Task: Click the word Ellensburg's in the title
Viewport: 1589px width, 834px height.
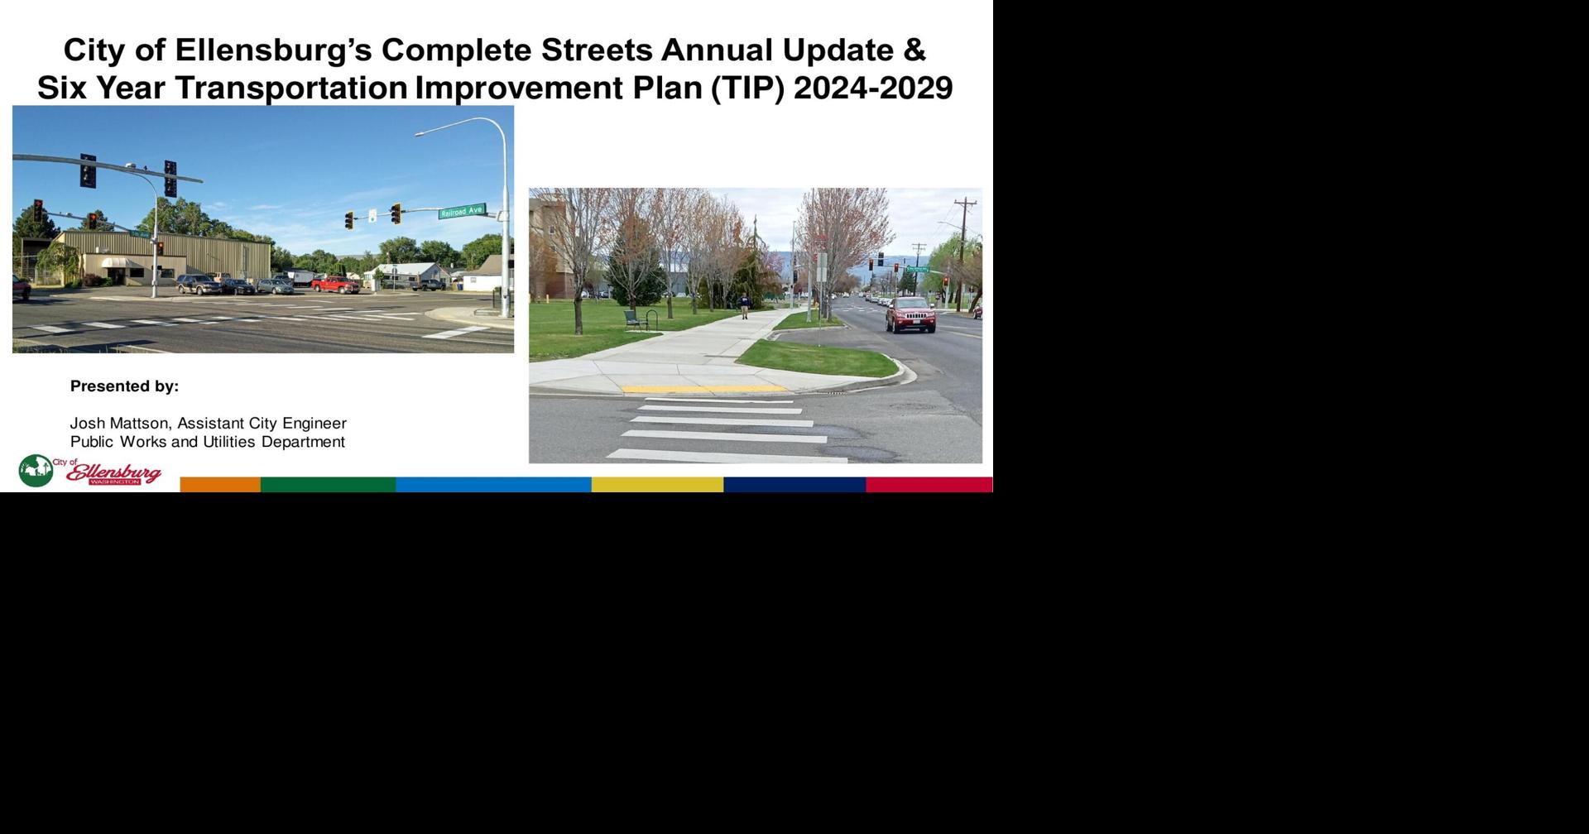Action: point(272,50)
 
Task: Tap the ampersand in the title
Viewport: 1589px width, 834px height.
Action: point(914,50)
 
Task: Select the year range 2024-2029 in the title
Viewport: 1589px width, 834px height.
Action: point(873,88)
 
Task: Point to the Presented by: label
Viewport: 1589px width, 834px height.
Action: point(124,386)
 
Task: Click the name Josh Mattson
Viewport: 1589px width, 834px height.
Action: point(119,424)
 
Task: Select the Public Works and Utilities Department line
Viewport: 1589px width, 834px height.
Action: point(207,442)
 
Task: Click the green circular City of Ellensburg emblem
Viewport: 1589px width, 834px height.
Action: point(36,471)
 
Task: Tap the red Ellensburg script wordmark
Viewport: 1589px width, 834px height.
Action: point(114,473)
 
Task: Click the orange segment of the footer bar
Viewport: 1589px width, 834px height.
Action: point(220,485)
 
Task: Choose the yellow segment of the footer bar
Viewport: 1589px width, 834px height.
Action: point(657,485)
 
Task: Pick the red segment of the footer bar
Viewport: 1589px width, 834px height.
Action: point(929,485)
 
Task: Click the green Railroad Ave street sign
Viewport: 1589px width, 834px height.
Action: point(462,211)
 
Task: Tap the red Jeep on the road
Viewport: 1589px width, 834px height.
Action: point(910,314)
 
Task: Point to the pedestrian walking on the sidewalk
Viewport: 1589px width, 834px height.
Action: point(744,306)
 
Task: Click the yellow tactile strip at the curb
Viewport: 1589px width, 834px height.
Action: point(703,389)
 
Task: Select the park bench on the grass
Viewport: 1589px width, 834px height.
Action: point(636,319)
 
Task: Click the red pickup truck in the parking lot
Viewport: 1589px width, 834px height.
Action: point(335,285)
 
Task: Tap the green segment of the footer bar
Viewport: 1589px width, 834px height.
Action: point(328,485)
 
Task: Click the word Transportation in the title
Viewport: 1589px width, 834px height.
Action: point(291,88)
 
